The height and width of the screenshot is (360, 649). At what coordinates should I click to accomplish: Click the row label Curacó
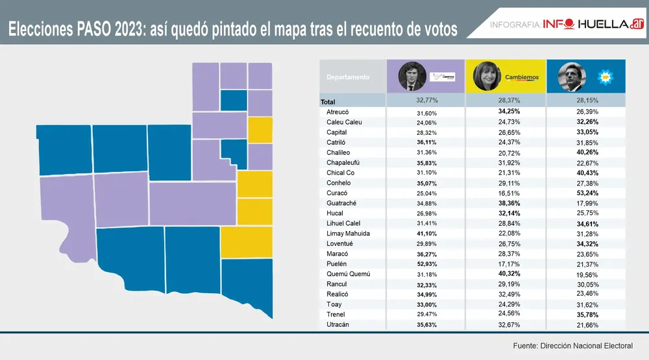[x=336, y=193]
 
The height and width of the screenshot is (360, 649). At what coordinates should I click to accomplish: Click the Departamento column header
[x=348, y=77]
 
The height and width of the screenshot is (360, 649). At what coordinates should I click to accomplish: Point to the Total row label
[x=328, y=102]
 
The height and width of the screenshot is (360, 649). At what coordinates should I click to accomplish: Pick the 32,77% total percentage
[x=426, y=101]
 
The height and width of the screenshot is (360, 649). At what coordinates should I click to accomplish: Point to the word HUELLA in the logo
[x=600, y=24]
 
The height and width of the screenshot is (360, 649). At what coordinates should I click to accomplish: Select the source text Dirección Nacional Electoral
[x=586, y=346]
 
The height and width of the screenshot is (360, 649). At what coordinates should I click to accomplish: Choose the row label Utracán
[x=338, y=324]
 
